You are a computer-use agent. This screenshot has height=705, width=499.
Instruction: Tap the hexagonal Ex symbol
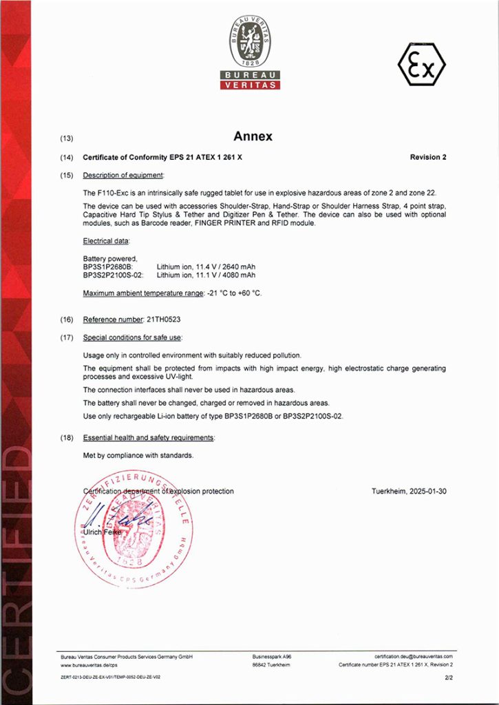coord(421,64)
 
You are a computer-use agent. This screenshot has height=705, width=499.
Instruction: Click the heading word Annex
coord(253,136)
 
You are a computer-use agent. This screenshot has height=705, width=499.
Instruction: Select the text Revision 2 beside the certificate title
coord(428,157)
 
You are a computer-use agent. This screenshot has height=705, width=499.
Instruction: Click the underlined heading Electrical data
coord(106,241)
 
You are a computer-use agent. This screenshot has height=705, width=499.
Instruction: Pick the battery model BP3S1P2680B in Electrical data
coord(107,267)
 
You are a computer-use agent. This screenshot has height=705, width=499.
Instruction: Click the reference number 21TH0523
coord(164,319)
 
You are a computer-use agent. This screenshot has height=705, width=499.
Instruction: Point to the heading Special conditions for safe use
coord(132,337)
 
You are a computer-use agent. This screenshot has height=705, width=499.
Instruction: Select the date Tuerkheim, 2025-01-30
coord(409,491)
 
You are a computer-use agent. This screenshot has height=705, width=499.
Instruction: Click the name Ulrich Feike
coord(101,532)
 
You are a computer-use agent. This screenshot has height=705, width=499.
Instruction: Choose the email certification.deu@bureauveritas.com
coord(414,657)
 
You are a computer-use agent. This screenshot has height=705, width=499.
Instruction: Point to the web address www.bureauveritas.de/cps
coord(89,665)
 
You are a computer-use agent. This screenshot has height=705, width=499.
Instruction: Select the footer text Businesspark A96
coord(272,657)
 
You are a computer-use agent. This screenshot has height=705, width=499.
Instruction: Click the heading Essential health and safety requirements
coord(148,438)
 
